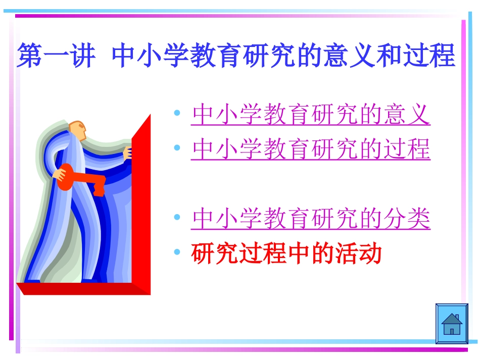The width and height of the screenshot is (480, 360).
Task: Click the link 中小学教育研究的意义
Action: pos(311,115)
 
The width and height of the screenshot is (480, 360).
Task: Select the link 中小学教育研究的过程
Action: pos(311,149)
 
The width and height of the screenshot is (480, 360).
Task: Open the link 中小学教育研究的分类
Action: pos(311,219)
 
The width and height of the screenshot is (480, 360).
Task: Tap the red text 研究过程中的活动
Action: pos(286,254)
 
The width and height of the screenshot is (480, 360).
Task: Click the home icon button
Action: pos(452,324)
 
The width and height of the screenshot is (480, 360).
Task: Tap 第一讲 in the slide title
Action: pos(56,56)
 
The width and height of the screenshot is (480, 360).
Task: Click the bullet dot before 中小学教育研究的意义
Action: pos(177,114)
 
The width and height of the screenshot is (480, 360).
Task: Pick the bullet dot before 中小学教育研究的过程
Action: pos(177,148)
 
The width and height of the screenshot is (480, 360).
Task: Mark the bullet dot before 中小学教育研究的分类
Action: pos(177,218)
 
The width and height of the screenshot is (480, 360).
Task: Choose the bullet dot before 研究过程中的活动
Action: pos(177,252)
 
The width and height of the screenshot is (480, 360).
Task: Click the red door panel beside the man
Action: pos(141,202)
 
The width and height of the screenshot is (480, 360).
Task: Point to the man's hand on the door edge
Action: pos(128,152)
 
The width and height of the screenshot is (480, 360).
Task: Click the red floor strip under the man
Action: pos(81,289)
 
